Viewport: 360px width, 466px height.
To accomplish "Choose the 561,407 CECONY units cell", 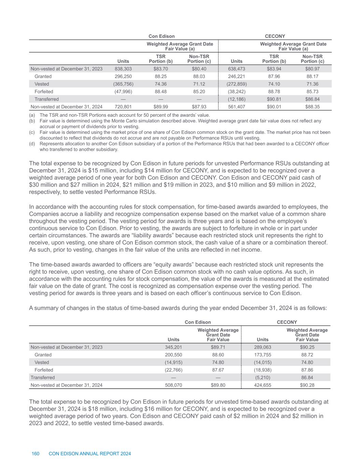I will point(236,107).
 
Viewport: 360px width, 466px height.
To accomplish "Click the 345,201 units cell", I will point(173,348).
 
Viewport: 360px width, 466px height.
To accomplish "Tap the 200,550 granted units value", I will point(173,355).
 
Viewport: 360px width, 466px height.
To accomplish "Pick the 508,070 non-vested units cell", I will point(173,385).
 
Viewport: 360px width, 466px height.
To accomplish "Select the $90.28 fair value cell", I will point(307,385).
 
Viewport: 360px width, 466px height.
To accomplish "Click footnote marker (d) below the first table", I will point(32,144).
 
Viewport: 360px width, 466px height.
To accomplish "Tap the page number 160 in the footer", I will point(35,454).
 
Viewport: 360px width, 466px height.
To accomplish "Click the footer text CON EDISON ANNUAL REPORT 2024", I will point(90,454).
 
